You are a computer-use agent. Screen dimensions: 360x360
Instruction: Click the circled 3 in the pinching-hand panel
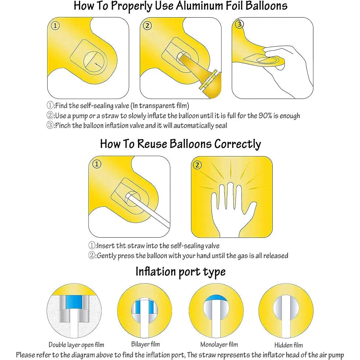[240, 25]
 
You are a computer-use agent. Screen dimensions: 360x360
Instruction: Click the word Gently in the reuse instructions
[108, 256]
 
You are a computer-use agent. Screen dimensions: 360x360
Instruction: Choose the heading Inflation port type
[180, 272]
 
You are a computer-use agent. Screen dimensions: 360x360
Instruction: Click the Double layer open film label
[76, 345]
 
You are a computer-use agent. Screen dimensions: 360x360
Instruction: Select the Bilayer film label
[145, 344]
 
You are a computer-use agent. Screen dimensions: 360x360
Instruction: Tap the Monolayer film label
[219, 345]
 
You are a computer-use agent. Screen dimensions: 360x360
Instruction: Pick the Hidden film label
[288, 345]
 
